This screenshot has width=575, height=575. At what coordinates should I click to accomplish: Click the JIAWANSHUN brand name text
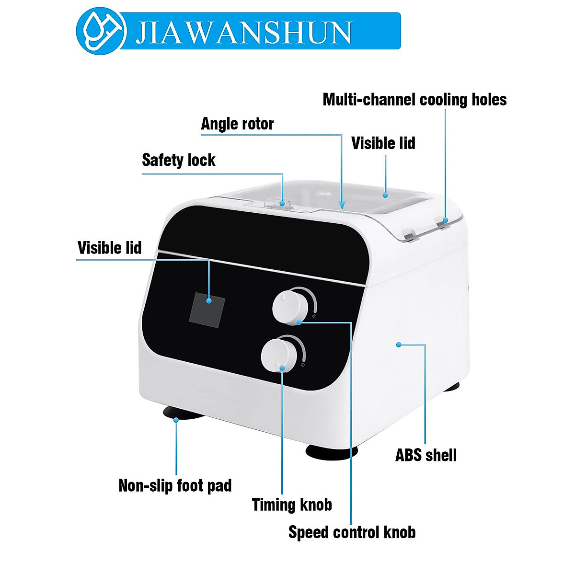coord(243,32)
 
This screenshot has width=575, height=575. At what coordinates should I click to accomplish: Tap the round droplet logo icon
coord(101,31)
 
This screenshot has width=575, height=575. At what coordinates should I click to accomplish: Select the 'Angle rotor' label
coord(237,124)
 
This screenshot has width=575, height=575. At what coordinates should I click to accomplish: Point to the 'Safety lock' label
coord(178,160)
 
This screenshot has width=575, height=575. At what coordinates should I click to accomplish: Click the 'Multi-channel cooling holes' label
coord(414,100)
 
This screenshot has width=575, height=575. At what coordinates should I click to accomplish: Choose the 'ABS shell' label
coord(426,455)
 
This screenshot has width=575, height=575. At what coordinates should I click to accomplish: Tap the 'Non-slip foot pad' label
coord(175,485)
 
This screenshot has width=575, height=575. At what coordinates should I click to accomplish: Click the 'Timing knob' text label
coord(292,505)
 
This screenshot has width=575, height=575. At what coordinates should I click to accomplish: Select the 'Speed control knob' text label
coord(352,532)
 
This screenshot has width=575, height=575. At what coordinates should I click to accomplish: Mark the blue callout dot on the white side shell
coord(398,344)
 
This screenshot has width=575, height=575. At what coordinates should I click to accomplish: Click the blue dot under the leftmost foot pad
coord(176,420)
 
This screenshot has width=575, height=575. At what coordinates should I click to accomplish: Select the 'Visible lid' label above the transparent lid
coord(383,143)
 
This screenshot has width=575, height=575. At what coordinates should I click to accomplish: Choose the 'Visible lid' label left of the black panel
coord(110,248)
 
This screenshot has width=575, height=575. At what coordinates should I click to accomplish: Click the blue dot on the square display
coord(209,301)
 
